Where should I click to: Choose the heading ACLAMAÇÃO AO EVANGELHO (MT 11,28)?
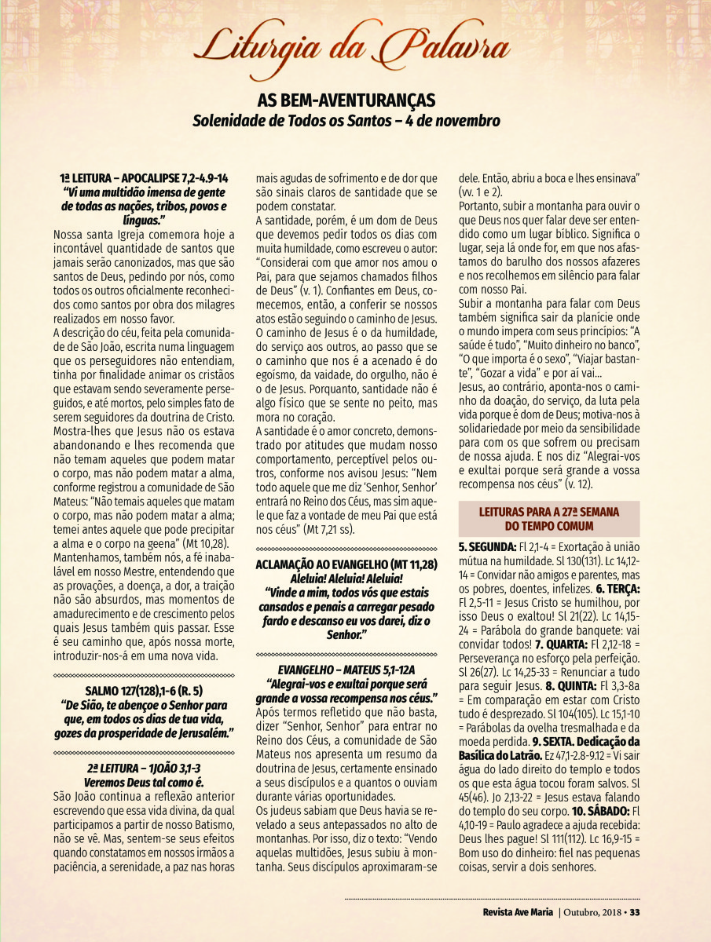coord(346,564)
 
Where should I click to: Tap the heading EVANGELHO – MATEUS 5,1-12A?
coord(346,671)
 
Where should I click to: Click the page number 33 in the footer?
coord(636,911)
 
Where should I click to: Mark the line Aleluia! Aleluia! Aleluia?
coord(346,578)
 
